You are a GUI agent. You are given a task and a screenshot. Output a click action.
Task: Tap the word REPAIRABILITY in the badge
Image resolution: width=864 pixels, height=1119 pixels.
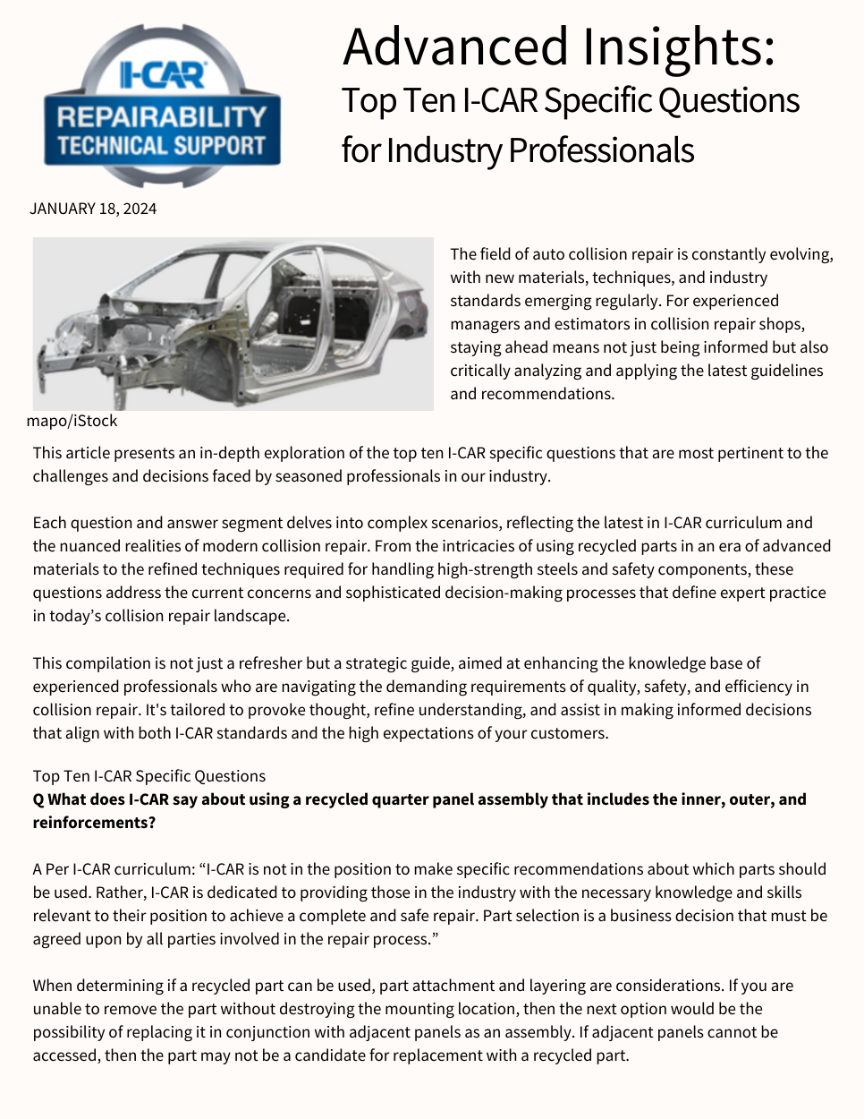pyautogui.click(x=162, y=116)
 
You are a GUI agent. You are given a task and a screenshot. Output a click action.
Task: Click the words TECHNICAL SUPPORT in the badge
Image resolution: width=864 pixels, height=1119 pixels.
pyautogui.click(x=162, y=145)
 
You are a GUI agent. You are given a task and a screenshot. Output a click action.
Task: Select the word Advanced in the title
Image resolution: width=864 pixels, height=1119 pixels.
pyautogui.click(x=455, y=47)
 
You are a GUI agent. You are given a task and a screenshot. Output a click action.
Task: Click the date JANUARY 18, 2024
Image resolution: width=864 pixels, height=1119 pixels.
pyautogui.click(x=93, y=209)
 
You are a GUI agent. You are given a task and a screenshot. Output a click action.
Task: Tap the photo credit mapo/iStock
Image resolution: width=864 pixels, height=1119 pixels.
pyautogui.click(x=72, y=421)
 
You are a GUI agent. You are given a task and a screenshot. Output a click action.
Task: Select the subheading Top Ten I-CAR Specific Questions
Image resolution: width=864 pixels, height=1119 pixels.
pyautogui.click(x=149, y=776)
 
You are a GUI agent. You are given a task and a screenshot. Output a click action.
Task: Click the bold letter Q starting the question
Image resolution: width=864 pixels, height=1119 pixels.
pyautogui.click(x=38, y=799)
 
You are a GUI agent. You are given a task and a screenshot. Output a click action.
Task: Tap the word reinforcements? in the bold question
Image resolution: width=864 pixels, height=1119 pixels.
pyautogui.click(x=94, y=823)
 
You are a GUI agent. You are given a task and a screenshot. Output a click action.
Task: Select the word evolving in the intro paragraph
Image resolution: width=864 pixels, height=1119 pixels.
pyautogui.click(x=801, y=254)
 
